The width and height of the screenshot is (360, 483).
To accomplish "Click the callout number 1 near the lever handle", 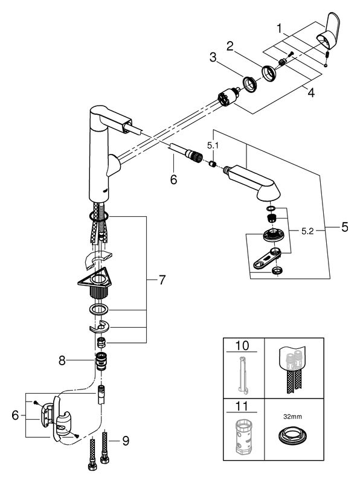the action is tap(279, 28).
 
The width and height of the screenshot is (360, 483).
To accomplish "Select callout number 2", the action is tap(230, 46).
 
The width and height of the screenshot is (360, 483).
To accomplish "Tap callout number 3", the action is tap(213, 57).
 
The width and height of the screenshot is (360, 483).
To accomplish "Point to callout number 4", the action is tap(311, 92).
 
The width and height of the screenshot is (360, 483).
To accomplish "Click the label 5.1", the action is tap(213, 146).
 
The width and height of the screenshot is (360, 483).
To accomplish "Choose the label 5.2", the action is tap(307, 231).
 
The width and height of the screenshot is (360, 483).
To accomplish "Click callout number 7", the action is tap(162, 280).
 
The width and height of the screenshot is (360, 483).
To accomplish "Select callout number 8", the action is tap(62, 360).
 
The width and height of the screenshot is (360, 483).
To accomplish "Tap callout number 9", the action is tap(126, 441).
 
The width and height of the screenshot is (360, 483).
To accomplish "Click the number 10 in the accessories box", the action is tap(242, 345).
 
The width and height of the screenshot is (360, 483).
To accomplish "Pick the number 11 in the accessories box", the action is tap(242, 406).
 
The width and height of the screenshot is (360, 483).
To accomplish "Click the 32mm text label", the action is tap(292, 417).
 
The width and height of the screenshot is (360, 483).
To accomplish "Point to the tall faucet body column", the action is tap(98, 154).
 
